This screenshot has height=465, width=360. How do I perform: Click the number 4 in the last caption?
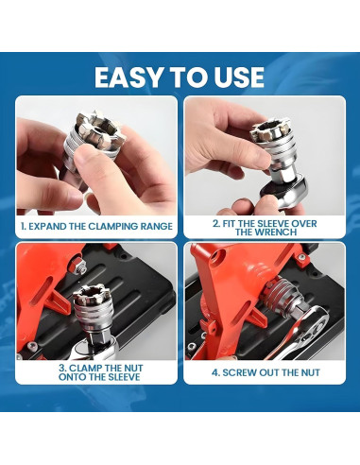[215, 372]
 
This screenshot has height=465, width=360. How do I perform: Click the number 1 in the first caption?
[23, 226]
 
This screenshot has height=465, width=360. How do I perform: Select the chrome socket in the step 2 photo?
[275, 148]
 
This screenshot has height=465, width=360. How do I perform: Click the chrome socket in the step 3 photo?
[94, 312]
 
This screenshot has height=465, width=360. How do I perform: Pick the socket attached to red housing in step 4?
[281, 296]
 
